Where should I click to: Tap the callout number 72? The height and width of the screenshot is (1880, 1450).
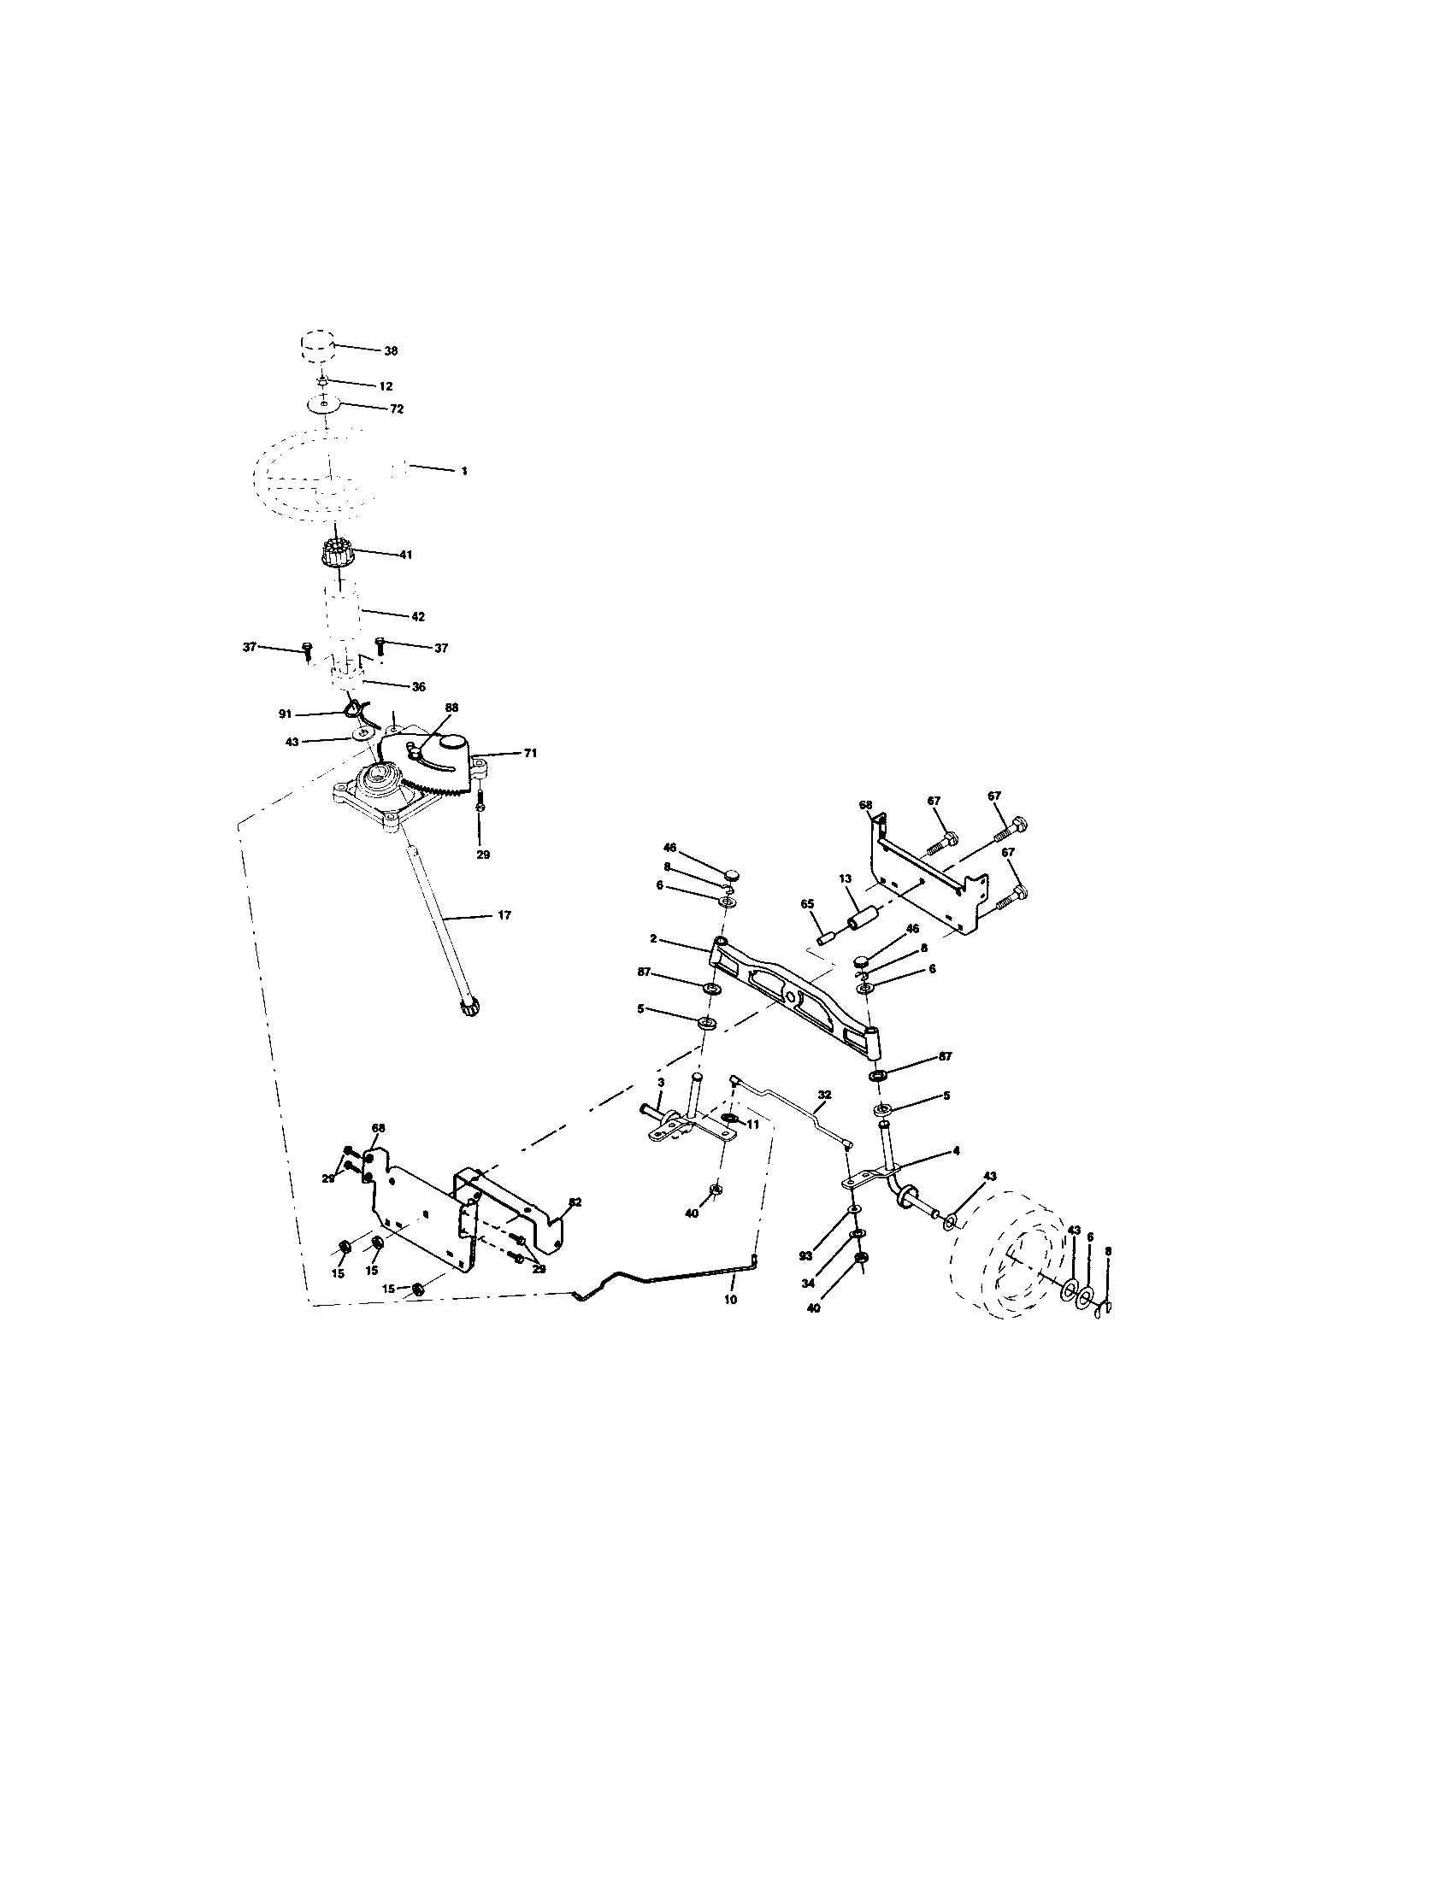pyautogui.click(x=396, y=408)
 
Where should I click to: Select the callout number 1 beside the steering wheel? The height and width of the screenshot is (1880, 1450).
pyautogui.click(x=464, y=471)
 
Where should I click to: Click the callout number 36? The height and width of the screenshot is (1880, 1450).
pyautogui.click(x=418, y=686)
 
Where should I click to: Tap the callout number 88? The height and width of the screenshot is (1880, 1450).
pyautogui.click(x=451, y=708)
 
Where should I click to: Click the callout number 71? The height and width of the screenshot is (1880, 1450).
pyautogui.click(x=530, y=752)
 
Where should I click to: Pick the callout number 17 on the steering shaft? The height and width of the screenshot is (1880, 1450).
pyautogui.click(x=504, y=915)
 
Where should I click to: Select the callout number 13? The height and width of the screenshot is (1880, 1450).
pyautogui.click(x=845, y=878)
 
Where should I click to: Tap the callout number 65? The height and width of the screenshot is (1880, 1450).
pyautogui.click(x=807, y=905)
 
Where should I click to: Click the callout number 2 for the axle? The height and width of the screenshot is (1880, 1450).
pyautogui.click(x=653, y=938)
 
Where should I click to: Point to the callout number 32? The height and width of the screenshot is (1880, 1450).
pyautogui.click(x=824, y=1095)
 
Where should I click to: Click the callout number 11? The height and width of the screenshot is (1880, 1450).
pyautogui.click(x=752, y=1125)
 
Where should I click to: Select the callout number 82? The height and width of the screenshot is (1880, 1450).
pyautogui.click(x=575, y=1202)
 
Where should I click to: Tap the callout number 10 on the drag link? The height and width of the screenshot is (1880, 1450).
pyautogui.click(x=730, y=1300)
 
